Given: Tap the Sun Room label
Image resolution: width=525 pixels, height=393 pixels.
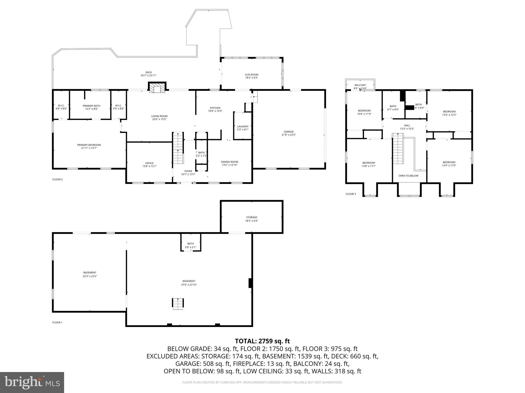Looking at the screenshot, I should point(251,75).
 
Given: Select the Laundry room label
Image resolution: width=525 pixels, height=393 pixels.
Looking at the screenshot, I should point(243,126).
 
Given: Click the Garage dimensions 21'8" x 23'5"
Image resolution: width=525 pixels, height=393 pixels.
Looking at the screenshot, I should point(289,135).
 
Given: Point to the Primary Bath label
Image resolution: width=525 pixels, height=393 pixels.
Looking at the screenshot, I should point(91,106).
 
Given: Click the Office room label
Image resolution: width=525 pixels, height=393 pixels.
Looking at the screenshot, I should point(149,163).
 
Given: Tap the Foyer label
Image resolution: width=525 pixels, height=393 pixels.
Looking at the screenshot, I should point(188,171).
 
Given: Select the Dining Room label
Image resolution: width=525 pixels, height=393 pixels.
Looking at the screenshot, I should point(229,162).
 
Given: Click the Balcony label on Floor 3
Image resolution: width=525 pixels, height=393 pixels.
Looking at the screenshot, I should point(360,85).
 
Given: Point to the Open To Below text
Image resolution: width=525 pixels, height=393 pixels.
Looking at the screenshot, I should point(408,176).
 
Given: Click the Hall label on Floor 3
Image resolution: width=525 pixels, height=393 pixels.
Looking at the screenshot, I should point(407,125).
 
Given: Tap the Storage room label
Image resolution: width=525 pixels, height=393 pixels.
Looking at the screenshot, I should point(251,217).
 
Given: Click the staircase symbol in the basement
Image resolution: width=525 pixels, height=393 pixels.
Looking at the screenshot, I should point(178,304).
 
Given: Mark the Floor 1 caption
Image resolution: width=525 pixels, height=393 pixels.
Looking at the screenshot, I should point(57,322).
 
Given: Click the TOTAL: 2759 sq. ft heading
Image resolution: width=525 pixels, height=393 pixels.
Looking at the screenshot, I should point(262,341).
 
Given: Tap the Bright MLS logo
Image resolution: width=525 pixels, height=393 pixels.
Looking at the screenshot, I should point(32,382).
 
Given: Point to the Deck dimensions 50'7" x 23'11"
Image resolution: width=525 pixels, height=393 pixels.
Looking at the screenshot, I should point(148,75).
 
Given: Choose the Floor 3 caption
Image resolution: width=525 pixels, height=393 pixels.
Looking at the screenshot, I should point(351,194).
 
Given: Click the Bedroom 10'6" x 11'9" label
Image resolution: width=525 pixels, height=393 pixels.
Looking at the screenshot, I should point(364,114).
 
